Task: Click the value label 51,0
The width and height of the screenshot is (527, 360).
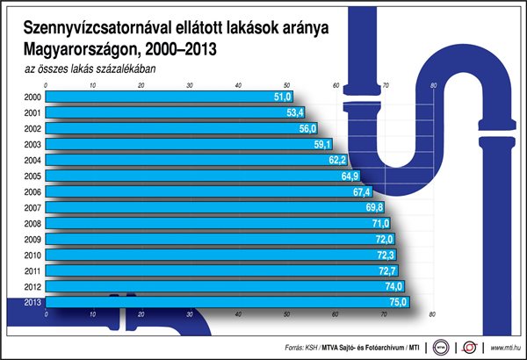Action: click(x=282, y=97)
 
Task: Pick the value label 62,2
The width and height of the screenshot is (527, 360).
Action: click(x=337, y=160)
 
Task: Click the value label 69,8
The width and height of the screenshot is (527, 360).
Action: click(x=374, y=207)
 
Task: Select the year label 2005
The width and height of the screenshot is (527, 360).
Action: click(x=32, y=176)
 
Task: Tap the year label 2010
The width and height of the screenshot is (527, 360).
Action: click(x=32, y=255)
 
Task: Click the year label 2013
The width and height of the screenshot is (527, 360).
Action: click(x=32, y=302)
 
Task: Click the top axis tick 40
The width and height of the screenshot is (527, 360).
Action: click(x=239, y=85)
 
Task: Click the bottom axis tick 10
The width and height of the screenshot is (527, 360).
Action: click(x=92, y=313)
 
